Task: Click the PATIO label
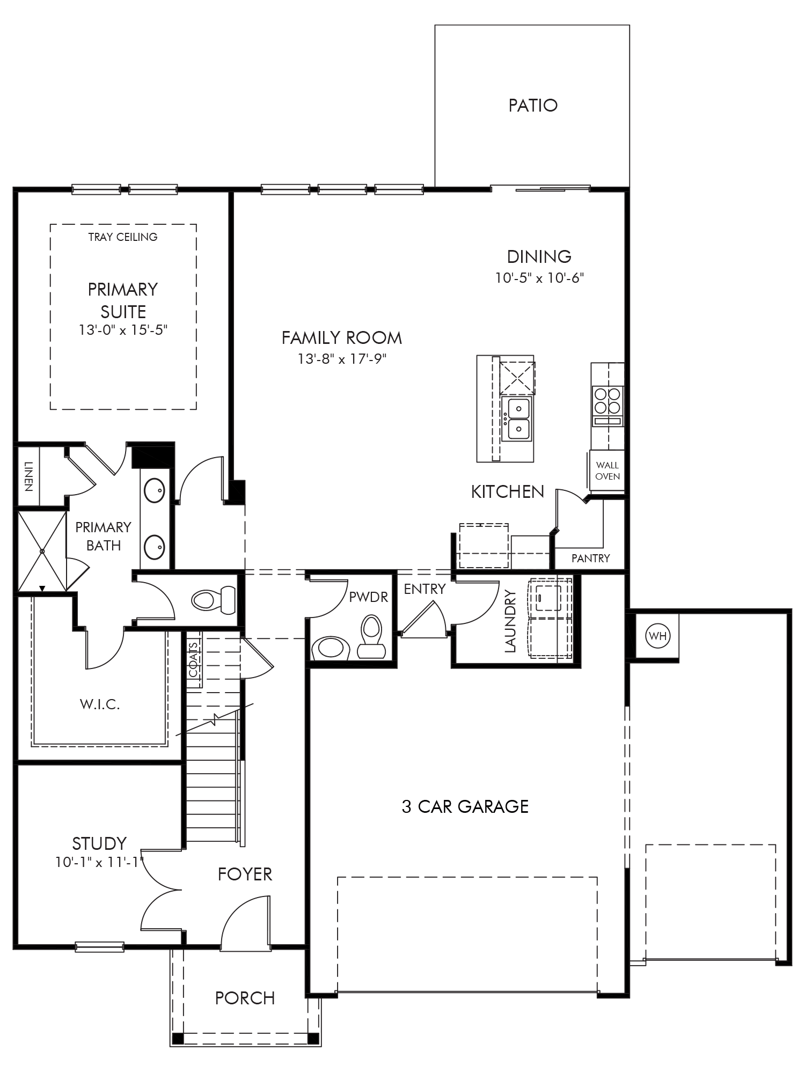[x=533, y=105]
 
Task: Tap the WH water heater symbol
[x=657, y=636]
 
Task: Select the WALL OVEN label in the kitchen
[x=608, y=471]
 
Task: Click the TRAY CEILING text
[x=123, y=237]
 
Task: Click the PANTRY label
[x=590, y=558]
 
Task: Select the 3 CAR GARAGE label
[x=465, y=806]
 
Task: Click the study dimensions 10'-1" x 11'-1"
[x=100, y=862]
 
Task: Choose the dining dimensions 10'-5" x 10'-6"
[x=539, y=278]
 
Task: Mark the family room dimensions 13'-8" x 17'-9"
[x=342, y=358]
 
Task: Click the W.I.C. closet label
[x=100, y=704]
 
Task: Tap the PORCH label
[x=245, y=998]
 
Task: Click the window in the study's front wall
[x=100, y=947]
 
